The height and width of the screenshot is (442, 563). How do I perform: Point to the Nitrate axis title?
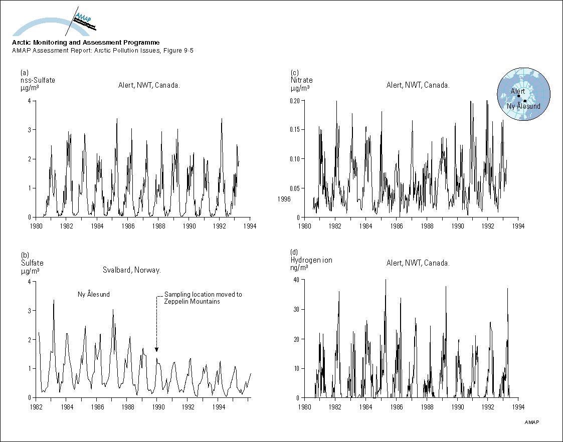click(301, 80)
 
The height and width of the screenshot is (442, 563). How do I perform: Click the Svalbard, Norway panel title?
click(131, 270)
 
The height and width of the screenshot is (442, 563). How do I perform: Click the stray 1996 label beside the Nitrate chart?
click(284, 199)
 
